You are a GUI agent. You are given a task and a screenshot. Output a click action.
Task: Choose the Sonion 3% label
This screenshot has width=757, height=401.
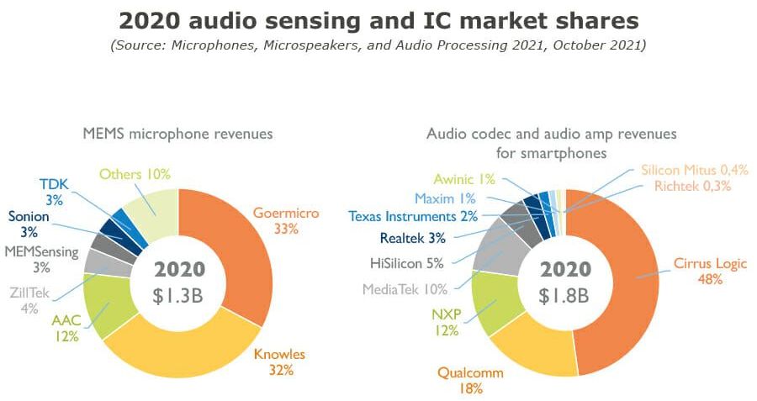[x=29, y=224]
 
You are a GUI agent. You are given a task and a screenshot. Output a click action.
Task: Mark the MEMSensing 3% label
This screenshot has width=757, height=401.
[x=41, y=259]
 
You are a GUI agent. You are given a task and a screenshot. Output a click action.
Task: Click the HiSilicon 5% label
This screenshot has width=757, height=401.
[x=407, y=262]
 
